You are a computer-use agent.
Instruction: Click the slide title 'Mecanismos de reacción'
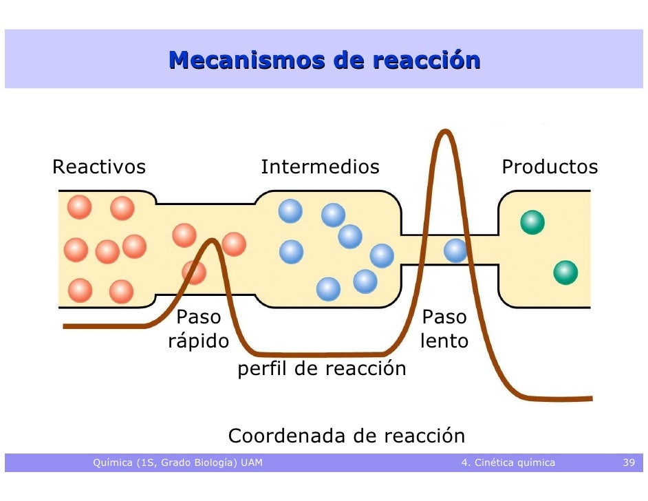tap(324, 61)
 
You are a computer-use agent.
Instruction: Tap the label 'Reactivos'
tap(99, 167)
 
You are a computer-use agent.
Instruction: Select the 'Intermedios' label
tap(320, 167)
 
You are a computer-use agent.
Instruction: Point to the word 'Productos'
tap(550, 167)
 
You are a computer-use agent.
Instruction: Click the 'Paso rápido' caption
tap(199, 329)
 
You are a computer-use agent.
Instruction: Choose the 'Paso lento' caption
tap(444, 329)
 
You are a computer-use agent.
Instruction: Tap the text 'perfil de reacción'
tap(322, 370)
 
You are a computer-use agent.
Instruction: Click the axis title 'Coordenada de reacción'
tap(347, 436)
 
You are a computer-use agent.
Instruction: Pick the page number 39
tap(629, 462)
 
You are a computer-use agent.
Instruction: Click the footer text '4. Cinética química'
tap(508, 462)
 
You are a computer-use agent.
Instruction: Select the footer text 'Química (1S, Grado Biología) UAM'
tap(177, 462)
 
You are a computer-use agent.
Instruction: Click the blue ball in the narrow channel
tap(455, 250)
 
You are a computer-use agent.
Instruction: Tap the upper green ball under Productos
tap(532, 222)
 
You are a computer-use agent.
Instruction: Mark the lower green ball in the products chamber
tap(565, 273)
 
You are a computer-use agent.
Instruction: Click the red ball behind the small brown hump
tap(194, 273)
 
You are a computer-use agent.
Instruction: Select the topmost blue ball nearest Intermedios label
tap(290, 211)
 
